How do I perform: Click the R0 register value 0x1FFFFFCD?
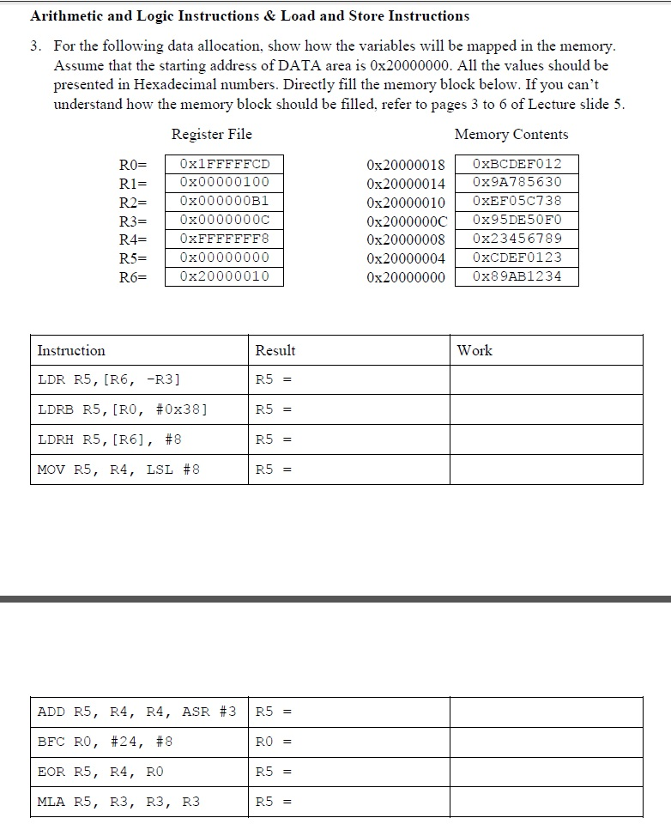[x=224, y=163]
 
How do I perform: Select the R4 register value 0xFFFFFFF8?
[x=224, y=239]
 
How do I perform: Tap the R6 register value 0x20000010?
[x=224, y=276]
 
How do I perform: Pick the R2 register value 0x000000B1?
[x=224, y=201]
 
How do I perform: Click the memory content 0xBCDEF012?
[x=517, y=163]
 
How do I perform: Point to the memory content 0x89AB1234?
[x=517, y=276]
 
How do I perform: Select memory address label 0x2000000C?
[x=406, y=220]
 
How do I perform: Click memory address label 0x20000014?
[x=405, y=182]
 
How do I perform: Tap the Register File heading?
[x=211, y=134]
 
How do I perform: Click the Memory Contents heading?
[x=511, y=134]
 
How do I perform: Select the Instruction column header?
[x=71, y=350]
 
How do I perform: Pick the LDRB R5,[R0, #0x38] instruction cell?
[x=123, y=409]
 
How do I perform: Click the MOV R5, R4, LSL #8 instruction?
[x=118, y=470]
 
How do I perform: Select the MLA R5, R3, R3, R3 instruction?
[x=118, y=802]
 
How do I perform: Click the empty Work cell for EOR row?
[x=546, y=772]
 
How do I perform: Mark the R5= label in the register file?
[x=133, y=257]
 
